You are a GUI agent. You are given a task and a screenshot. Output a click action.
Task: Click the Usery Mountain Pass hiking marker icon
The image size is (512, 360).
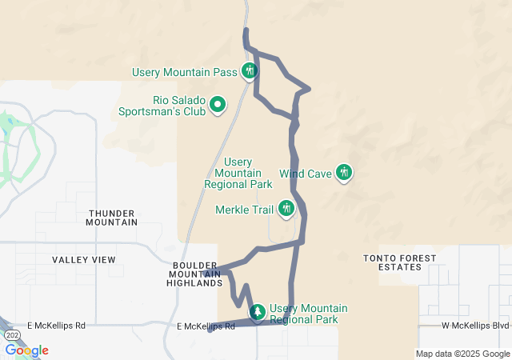[250, 71]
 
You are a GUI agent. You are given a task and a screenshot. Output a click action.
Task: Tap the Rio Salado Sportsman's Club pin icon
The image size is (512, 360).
[217, 104]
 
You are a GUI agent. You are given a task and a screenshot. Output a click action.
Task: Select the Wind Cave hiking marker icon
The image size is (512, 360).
[344, 171]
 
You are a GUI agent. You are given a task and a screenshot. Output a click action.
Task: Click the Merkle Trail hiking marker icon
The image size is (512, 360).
[286, 210]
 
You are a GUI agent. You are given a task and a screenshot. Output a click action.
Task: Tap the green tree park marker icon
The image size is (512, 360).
[258, 311]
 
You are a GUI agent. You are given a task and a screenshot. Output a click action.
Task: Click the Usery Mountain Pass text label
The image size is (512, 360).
[185, 73]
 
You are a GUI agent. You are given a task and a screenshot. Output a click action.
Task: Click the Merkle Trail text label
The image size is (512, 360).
[245, 210]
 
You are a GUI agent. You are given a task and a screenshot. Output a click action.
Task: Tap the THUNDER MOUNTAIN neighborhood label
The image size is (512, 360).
[112, 218]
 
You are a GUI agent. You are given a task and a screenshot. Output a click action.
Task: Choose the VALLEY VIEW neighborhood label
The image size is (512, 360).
[84, 260]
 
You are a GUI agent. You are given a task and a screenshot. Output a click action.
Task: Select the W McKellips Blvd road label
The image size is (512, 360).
[475, 326]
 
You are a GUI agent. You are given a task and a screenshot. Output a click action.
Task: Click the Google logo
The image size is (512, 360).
[26, 350]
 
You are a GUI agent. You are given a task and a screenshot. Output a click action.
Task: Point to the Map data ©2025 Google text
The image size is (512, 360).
[462, 354]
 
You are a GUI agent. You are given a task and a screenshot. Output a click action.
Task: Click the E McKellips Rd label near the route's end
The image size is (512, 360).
[206, 326]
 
